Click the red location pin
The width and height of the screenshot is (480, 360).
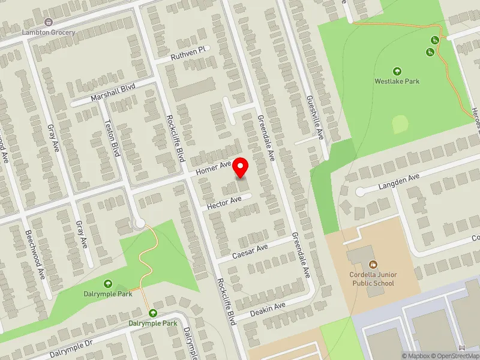tap(241, 167)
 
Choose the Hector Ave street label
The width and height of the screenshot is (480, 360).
tap(224, 203)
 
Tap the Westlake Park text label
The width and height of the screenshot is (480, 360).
tap(397, 81)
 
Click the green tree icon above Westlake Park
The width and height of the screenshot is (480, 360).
tap(397, 70)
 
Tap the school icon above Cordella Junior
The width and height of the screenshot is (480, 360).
tap(373, 265)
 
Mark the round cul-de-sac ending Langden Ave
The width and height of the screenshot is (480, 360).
tap(360, 192)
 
